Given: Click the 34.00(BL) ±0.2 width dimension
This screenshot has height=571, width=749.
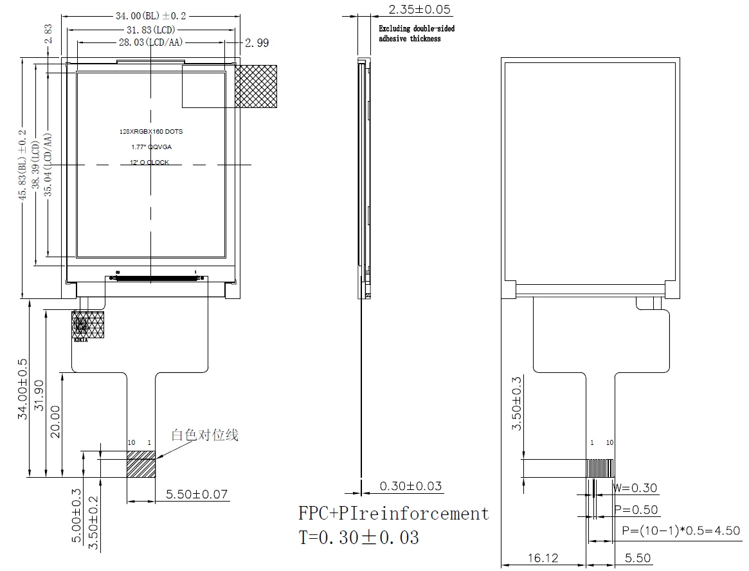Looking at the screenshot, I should (x=150, y=16).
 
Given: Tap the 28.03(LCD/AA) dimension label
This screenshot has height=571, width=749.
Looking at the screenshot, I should (x=151, y=42).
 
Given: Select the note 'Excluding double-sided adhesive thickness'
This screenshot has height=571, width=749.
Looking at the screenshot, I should (x=416, y=33).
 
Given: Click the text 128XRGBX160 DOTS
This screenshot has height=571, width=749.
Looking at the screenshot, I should (x=151, y=131).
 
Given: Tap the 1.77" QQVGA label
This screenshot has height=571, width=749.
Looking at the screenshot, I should (x=151, y=147).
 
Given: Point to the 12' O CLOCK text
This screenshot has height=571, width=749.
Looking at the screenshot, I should (x=149, y=163).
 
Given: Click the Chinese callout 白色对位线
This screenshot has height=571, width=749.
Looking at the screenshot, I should (x=204, y=435).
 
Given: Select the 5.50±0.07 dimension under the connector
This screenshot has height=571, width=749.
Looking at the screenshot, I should (x=197, y=494).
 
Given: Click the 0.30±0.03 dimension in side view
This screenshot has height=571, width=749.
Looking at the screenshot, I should (x=411, y=486).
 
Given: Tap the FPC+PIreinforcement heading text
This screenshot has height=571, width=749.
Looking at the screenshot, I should (x=393, y=513).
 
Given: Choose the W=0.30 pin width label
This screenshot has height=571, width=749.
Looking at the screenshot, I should (x=635, y=488).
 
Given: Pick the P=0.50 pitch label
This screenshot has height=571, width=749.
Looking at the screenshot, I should (x=636, y=510).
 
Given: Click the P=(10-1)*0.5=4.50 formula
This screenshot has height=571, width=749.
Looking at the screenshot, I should (x=681, y=531).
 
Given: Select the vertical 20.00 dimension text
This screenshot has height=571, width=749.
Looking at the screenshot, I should (x=55, y=422).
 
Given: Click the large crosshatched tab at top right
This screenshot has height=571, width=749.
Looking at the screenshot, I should (x=255, y=86).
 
